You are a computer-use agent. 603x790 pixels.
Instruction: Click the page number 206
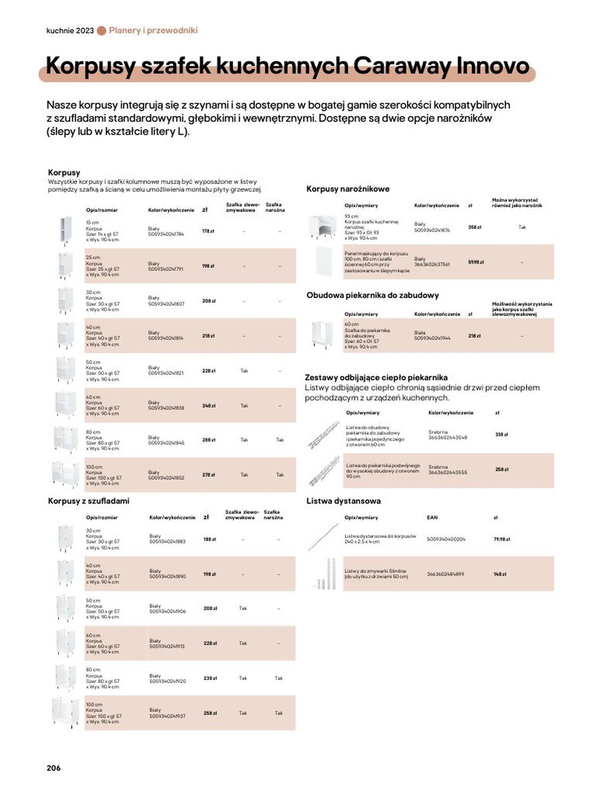(x=53, y=768)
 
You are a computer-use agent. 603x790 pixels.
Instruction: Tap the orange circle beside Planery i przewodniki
(x=102, y=31)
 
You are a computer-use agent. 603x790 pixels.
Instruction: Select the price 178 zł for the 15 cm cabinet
(x=208, y=231)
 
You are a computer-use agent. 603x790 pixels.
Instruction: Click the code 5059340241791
(x=166, y=269)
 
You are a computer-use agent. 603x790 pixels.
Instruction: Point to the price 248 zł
(x=209, y=406)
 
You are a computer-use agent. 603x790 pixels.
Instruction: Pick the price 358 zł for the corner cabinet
(x=474, y=227)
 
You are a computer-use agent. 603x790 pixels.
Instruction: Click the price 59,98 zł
(x=475, y=262)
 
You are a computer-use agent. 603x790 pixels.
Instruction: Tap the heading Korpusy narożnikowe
(x=348, y=189)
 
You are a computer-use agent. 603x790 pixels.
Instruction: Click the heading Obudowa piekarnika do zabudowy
(x=372, y=295)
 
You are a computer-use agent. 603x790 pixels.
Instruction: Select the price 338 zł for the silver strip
(x=501, y=435)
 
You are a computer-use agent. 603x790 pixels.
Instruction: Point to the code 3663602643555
(x=447, y=472)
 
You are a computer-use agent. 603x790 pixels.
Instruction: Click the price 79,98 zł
(x=501, y=539)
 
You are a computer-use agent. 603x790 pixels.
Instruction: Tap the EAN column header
(x=432, y=517)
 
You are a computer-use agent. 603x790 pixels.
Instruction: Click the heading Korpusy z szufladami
(x=88, y=501)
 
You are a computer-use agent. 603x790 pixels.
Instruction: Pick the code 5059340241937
(x=167, y=716)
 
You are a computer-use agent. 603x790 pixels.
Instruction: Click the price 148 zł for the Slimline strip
(x=500, y=574)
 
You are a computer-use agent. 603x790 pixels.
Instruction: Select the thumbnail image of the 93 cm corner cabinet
(x=322, y=227)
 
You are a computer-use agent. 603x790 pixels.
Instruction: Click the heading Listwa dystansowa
(x=343, y=501)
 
